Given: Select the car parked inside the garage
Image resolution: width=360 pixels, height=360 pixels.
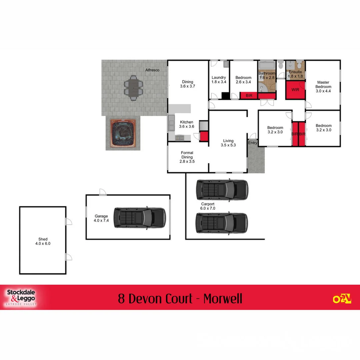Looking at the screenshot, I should (139, 218).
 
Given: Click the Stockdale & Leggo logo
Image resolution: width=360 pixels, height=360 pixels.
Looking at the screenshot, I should (21, 297).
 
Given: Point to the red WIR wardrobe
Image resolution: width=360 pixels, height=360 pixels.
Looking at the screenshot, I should (295, 90).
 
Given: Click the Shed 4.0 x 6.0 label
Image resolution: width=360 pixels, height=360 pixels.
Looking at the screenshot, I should (43, 241).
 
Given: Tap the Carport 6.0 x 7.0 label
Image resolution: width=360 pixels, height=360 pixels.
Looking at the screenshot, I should (208, 206).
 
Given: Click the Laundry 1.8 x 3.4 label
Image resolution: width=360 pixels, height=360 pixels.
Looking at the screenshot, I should (219, 80).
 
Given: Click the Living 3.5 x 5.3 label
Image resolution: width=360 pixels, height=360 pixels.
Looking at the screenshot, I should (228, 143).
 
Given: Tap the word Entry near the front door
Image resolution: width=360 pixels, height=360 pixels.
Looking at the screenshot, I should (253, 143).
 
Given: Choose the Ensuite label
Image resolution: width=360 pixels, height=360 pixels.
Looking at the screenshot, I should (295, 74).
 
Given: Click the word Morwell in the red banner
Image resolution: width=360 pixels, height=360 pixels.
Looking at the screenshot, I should (223, 298).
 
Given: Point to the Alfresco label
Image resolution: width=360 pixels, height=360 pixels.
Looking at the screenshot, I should (152, 70).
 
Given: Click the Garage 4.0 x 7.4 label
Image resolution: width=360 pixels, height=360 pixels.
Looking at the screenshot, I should (101, 218).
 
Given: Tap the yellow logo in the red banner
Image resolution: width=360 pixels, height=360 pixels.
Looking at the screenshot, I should (342, 299).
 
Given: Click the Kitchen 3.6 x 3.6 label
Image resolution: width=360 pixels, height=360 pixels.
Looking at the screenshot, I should (187, 124).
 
